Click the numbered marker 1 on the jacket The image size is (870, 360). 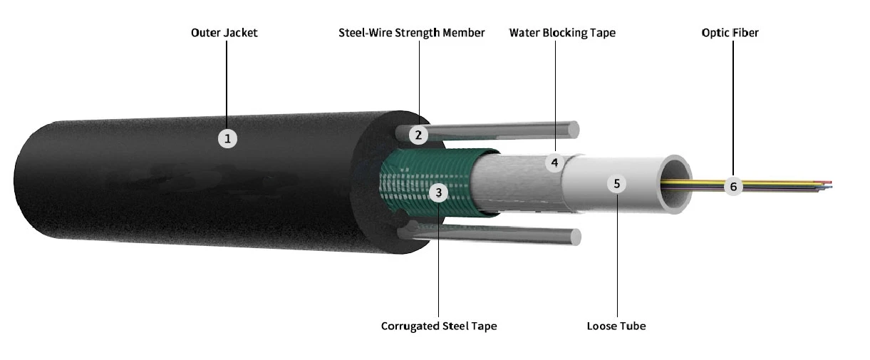[227, 138]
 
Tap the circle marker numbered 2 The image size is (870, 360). [418, 134]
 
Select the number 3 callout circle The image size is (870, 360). [439, 192]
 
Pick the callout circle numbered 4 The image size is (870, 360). [554, 163]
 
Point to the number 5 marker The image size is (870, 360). [617, 183]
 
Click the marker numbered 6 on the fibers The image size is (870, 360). [732, 187]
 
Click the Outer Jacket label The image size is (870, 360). [224, 33]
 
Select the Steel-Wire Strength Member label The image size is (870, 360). [412, 33]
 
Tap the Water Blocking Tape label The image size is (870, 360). [562, 33]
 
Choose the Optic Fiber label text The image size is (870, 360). [730, 33]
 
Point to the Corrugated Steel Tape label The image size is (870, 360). [439, 326]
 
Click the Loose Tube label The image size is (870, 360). [616, 326]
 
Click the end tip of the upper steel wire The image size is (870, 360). [574, 130]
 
